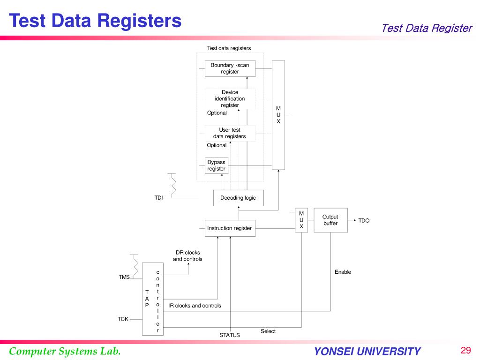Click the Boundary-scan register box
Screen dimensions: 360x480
230,68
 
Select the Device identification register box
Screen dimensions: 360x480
230,98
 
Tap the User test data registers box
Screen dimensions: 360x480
230,133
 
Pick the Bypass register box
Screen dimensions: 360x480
217,165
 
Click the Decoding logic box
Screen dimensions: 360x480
238,198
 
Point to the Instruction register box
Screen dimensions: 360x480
230,228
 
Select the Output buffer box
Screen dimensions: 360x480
330,220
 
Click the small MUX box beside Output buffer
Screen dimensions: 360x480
301,220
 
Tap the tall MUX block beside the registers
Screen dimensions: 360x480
278,115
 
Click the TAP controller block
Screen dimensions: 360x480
153,299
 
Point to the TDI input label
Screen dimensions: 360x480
159,198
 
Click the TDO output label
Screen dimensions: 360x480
364,220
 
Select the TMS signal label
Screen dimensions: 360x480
124,277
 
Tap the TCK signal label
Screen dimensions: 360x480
123,319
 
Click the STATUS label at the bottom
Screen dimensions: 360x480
230,335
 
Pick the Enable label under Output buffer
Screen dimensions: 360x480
343,272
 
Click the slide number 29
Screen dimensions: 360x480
465,351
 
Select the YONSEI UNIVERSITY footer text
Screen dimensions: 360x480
367,352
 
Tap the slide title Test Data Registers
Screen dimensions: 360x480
96,20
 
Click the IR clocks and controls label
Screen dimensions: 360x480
195,306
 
